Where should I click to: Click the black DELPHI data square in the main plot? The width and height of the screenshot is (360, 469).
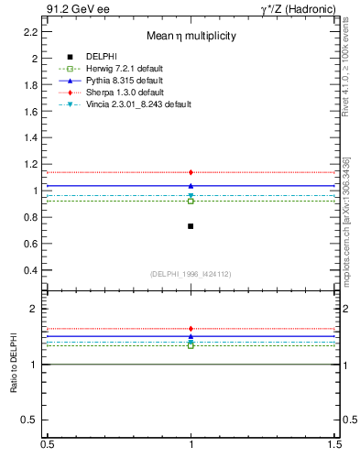(x=191, y=225)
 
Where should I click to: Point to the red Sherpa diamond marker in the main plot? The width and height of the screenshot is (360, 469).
(x=191, y=172)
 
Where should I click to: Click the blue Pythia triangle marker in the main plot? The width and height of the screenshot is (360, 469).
(x=191, y=186)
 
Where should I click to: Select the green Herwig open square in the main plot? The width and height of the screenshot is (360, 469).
(x=191, y=201)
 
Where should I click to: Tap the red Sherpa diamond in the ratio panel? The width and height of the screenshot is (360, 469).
(x=191, y=329)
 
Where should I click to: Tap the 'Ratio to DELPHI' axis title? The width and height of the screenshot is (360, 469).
(x=14, y=365)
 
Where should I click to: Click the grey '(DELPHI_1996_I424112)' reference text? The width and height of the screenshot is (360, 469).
(x=191, y=274)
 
